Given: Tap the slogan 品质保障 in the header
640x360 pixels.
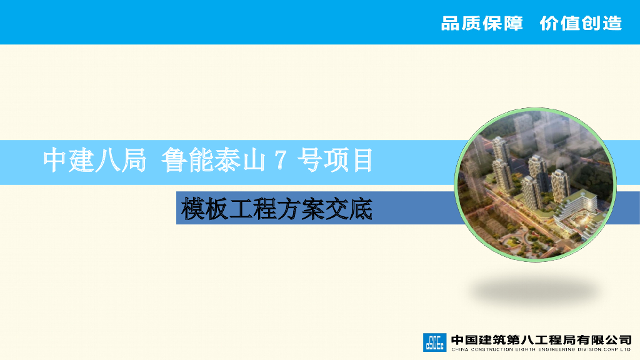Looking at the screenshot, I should click(481, 24).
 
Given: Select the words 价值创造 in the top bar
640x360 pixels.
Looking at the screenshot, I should click(581, 24).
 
